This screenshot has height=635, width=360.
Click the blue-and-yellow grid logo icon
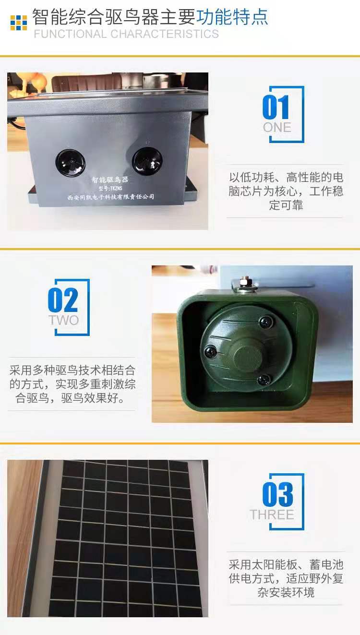click(x=19, y=23)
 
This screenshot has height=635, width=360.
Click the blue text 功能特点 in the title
click(x=232, y=17)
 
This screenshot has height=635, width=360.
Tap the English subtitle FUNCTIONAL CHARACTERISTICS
click(x=126, y=34)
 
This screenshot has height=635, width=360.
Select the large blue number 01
click(x=276, y=107)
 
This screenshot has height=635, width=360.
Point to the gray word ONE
click(x=277, y=128)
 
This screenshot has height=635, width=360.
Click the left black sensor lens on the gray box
click(x=70, y=163)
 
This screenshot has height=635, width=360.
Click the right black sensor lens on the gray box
click(x=147, y=161)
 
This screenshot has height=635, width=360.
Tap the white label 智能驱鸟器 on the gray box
click(x=110, y=180)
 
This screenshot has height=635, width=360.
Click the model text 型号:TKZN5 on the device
click(x=110, y=188)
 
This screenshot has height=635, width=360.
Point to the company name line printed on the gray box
click(x=110, y=197)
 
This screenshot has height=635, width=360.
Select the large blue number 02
click(x=63, y=300)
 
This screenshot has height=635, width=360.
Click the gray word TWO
click(x=64, y=320)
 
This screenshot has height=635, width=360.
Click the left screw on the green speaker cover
click(x=211, y=351)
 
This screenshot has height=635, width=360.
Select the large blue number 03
click(x=277, y=495)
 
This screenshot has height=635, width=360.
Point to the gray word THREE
click(x=272, y=515)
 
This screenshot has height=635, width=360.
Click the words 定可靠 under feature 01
click(x=286, y=205)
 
